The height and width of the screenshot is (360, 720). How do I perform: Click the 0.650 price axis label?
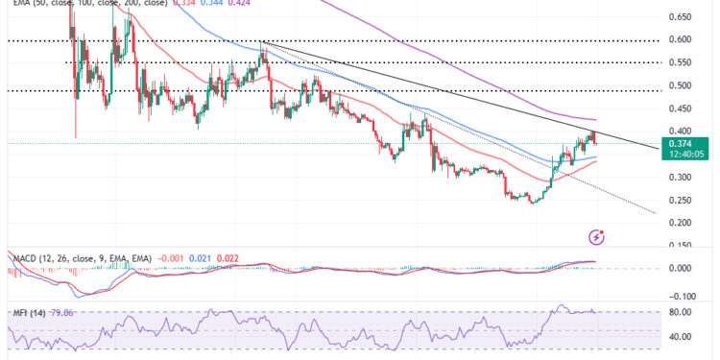(x=682, y=17)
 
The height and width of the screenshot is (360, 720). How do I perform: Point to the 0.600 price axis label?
(x=682, y=40)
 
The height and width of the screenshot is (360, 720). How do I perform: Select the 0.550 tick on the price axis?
(x=682, y=63)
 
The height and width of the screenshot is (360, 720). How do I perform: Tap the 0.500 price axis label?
(x=682, y=86)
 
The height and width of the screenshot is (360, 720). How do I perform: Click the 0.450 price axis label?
(x=682, y=108)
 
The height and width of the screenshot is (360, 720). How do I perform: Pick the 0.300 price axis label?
(x=682, y=178)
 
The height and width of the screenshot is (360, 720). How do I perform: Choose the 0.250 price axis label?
(x=682, y=201)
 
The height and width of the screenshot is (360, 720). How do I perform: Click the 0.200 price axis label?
(x=682, y=224)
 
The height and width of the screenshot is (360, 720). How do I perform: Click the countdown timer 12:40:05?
(x=684, y=154)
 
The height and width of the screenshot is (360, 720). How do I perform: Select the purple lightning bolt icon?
(x=598, y=235)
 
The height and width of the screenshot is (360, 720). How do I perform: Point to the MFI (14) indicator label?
(x=26, y=311)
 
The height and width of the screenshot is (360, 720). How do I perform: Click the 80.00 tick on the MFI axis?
(x=682, y=312)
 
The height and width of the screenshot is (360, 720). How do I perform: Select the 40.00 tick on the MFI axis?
(x=682, y=337)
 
